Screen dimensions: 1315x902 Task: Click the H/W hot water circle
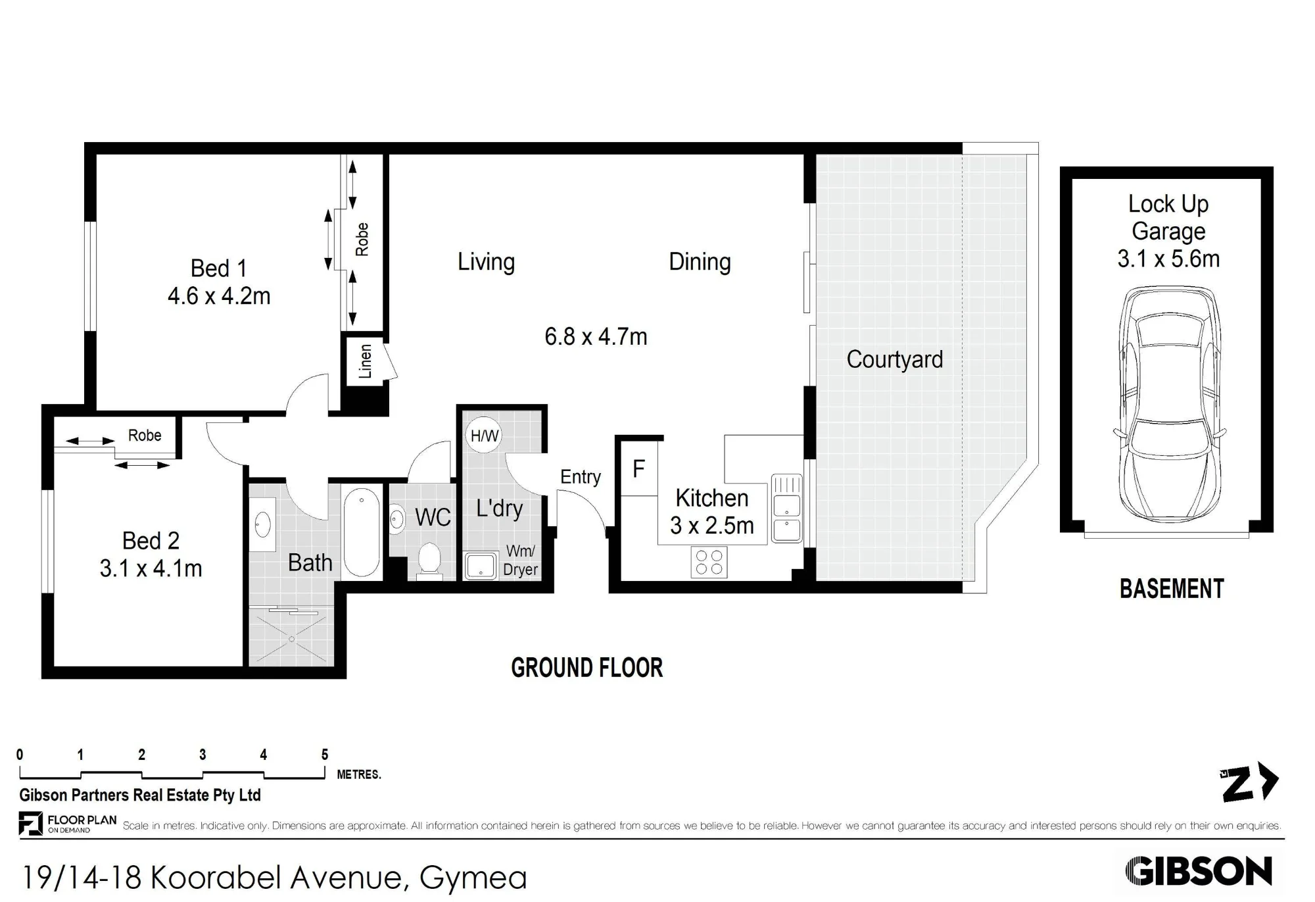click(x=484, y=435)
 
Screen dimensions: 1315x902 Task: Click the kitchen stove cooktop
click(x=709, y=563)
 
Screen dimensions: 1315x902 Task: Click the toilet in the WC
click(x=429, y=560)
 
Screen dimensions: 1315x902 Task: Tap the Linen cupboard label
click(x=366, y=361)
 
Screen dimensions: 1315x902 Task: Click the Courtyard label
click(x=894, y=359)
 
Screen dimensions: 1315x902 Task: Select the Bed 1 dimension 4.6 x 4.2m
click(x=219, y=296)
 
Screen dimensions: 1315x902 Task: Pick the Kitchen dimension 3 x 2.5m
click(x=712, y=526)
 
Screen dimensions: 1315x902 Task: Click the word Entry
click(x=581, y=477)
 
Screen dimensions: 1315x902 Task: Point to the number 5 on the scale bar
click(x=325, y=755)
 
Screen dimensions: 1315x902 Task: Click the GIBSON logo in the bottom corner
click(x=1199, y=872)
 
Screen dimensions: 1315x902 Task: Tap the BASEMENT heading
click(x=1172, y=589)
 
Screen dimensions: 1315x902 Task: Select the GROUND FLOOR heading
click(x=587, y=668)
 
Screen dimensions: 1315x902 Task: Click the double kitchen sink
click(x=786, y=508)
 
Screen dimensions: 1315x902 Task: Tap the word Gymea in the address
click(x=473, y=878)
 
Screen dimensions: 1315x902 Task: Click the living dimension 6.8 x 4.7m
click(x=596, y=337)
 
